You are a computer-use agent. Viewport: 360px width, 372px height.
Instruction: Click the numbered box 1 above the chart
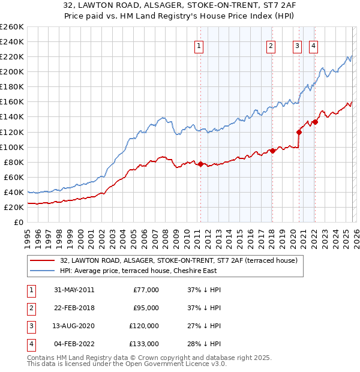(199, 45)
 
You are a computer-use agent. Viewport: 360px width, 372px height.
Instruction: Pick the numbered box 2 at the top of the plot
(271, 45)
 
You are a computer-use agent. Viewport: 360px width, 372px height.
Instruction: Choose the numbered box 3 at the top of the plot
(297, 45)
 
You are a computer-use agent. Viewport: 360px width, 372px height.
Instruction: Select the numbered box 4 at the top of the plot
(313, 45)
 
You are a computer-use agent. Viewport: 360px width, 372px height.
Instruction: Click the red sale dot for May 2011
(200, 164)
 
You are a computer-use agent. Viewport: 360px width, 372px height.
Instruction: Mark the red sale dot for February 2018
(272, 151)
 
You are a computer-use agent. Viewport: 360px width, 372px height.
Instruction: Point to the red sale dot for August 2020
(298, 132)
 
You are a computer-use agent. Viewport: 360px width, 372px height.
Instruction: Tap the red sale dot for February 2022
(314, 122)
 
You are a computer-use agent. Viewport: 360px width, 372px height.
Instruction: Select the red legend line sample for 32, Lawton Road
(42, 260)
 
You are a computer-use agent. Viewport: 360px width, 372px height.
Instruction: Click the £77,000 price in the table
(146, 290)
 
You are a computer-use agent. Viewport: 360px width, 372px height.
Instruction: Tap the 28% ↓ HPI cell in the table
(205, 344)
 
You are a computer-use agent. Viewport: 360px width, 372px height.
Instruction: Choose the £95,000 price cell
(146, 308)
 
